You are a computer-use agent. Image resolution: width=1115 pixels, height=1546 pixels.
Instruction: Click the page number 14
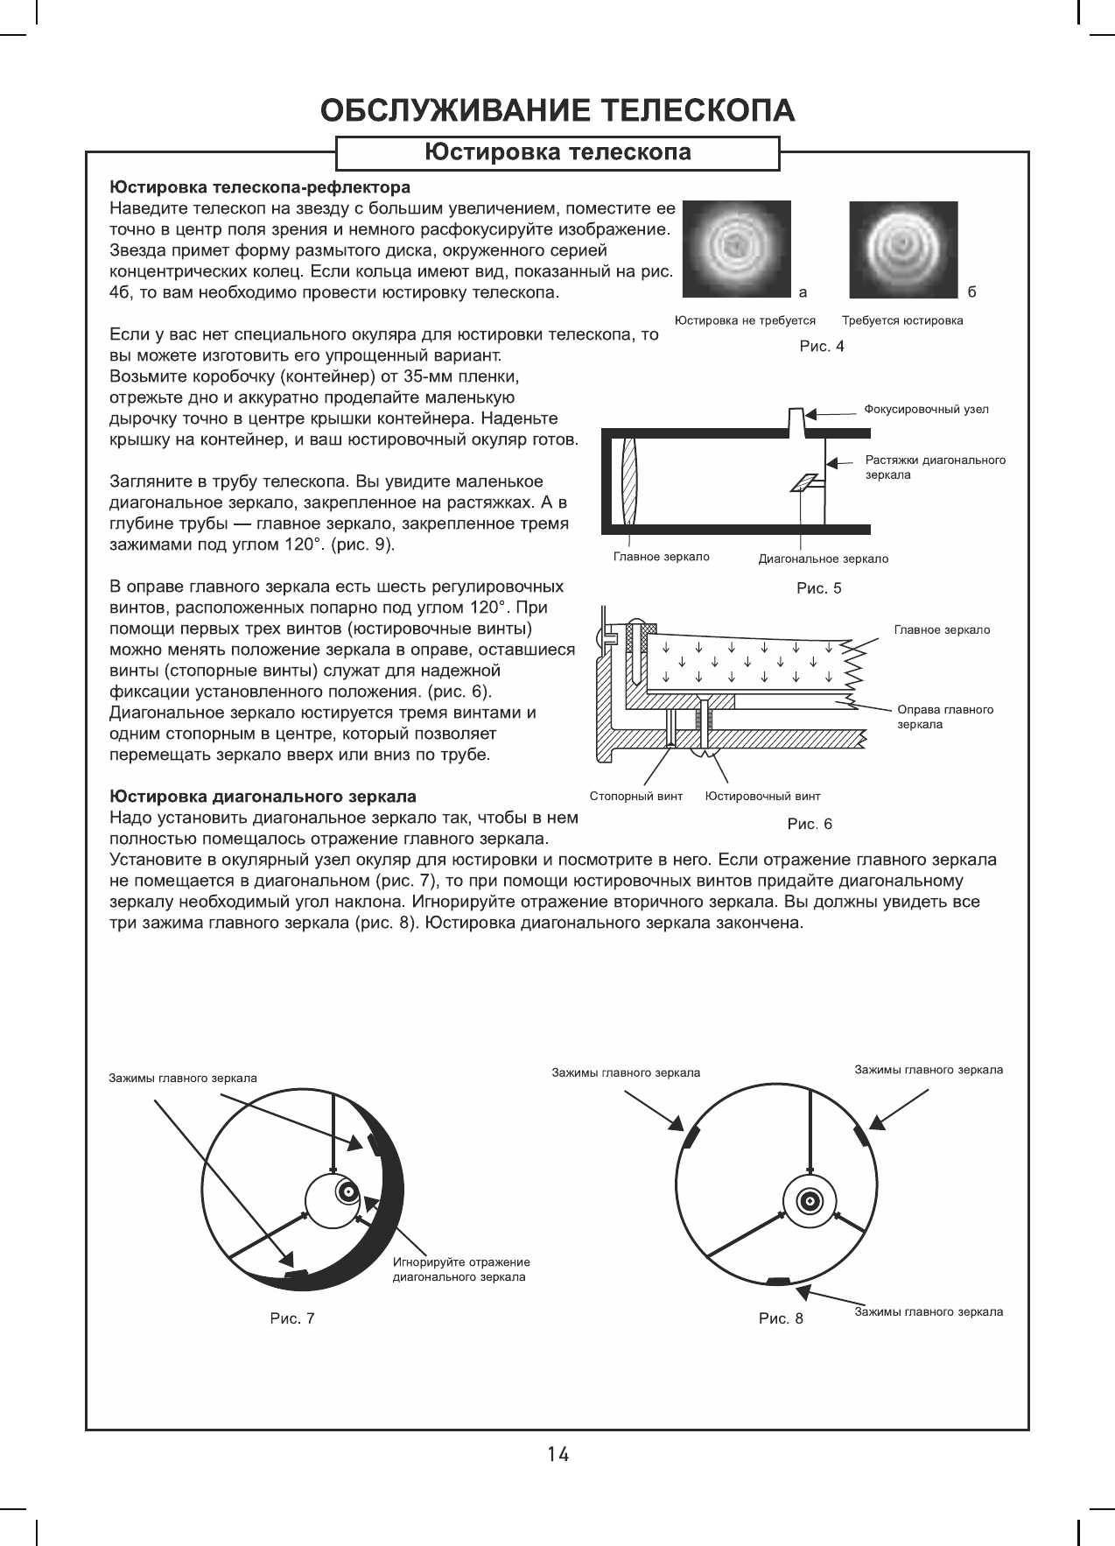pyautogui.click(x=557, y=1455)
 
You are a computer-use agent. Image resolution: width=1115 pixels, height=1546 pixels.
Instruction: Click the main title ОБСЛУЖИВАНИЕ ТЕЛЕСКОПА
pyautogui.click(x=558, y=110)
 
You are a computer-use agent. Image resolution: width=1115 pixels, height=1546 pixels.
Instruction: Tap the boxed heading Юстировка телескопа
pyautogui.click(x=557, y=153)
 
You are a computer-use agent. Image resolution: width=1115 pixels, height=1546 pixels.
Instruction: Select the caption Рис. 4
pyautogui.click(x=822, y=347)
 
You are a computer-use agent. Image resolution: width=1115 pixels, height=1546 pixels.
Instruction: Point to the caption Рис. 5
pyautogui.click(x=818, y=589)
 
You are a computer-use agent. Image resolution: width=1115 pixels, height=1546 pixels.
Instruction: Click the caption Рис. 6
pyautogui.click(x=810, y=825)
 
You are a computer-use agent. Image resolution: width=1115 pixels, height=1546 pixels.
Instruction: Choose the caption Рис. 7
pyautogui.click(x=292, y=1318)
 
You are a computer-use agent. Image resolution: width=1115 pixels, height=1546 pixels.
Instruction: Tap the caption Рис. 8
pyautogui.click(x=781, y=1318)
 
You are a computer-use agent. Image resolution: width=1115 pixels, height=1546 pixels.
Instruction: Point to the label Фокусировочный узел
pyautogui.click(x=926, y=410)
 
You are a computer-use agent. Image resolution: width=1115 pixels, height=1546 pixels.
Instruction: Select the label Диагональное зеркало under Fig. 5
pyautogui.click(x=823, y=559)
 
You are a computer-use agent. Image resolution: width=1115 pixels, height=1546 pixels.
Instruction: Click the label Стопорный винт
pyautogui.click(x=635, y=797)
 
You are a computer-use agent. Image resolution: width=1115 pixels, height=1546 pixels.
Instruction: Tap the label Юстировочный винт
pyautogui.click(x=763, y=797)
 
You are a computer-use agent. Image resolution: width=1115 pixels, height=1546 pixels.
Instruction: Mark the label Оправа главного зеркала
pyautogui.click(x=945, y=717)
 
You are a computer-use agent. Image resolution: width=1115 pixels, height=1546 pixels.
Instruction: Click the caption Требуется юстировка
pyautogui.click(x=902, y=321)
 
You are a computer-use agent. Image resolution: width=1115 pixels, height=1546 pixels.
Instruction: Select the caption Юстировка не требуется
pyautogui.click(x=745, y=321)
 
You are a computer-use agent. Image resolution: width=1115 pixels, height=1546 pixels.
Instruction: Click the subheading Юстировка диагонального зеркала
pyautogui.click(x=263, y=798)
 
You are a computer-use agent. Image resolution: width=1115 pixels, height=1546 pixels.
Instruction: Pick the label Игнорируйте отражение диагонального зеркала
pyautogui.click(x=461, y=1269)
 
